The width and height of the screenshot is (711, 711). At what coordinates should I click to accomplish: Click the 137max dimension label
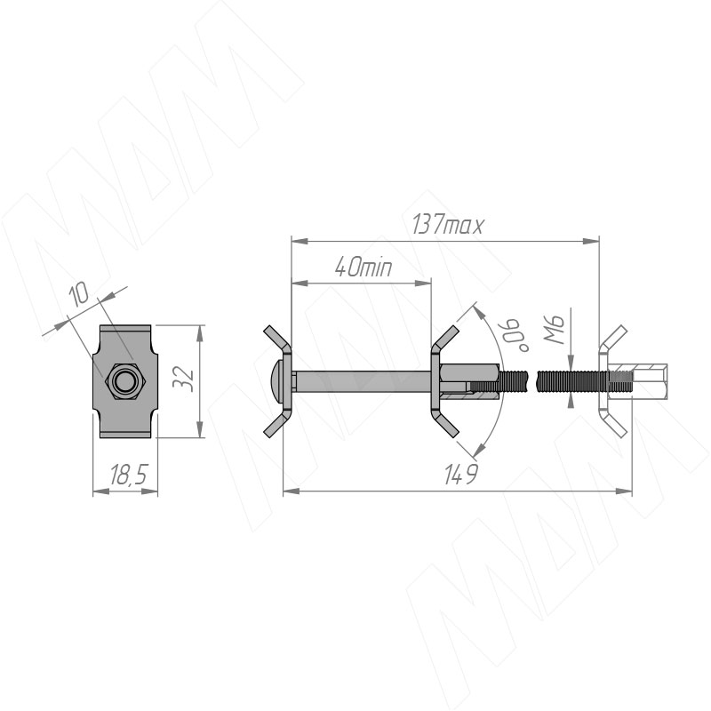click(447, 225)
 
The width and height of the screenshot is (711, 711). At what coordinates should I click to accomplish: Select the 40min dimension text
click(363, 268)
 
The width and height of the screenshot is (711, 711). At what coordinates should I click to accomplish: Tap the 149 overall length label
click(460, 475)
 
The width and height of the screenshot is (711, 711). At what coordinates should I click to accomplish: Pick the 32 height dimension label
click(184, 379)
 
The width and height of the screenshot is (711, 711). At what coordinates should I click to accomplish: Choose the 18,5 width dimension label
click(128, 475)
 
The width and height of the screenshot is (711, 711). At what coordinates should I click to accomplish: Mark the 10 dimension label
click(79, 296)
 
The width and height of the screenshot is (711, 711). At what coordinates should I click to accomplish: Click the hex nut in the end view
click(124, 381)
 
